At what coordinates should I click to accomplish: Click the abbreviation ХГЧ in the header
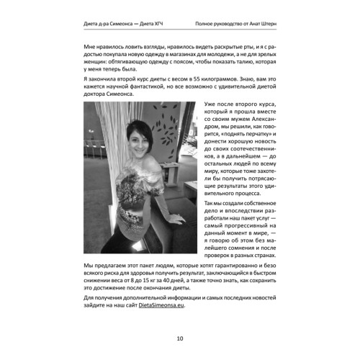[x=156, y=25]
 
